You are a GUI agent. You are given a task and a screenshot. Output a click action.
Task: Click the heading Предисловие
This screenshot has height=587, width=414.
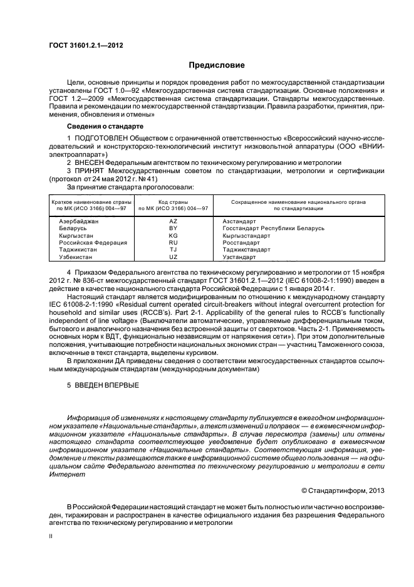pos(217,65)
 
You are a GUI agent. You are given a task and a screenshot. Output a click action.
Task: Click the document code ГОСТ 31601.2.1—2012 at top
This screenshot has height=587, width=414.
pos(81,45)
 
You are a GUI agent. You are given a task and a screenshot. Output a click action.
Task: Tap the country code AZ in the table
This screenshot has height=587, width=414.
pos(173,221)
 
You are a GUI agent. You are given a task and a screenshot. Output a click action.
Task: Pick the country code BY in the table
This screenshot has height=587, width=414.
pos(173,228)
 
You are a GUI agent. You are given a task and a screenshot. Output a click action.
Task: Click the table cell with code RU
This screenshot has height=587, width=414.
pos(173,242)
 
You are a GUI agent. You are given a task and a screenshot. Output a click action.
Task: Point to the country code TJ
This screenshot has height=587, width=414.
pos(173,249)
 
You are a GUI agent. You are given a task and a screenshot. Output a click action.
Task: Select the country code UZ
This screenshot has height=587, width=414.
pos(173,256)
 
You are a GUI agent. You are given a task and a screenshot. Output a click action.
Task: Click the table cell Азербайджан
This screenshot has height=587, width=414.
pos(79,221)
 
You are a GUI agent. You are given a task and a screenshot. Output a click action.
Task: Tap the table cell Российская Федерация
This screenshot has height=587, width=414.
pos(93,242)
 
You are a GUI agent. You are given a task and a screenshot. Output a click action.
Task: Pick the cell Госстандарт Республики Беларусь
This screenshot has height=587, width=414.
pos(273,228)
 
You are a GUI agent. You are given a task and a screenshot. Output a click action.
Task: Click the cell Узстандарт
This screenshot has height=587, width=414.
pos(239,256)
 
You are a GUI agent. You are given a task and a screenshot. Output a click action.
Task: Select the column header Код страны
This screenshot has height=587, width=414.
pos(173,202)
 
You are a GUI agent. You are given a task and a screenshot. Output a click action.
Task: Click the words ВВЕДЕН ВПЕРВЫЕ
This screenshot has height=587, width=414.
pos(108,384)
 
